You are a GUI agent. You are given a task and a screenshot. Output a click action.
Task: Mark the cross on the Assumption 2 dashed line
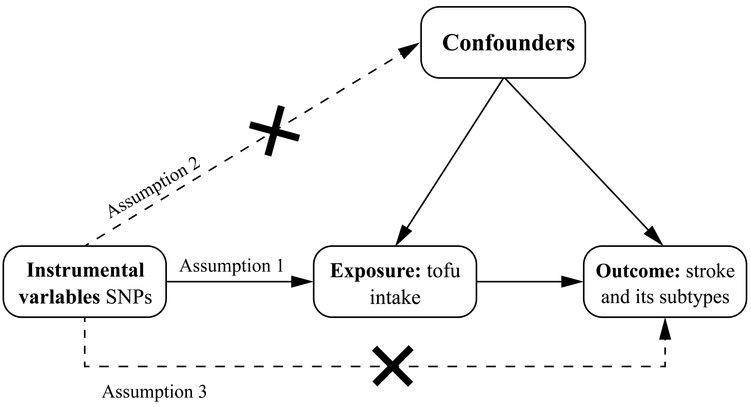274,131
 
